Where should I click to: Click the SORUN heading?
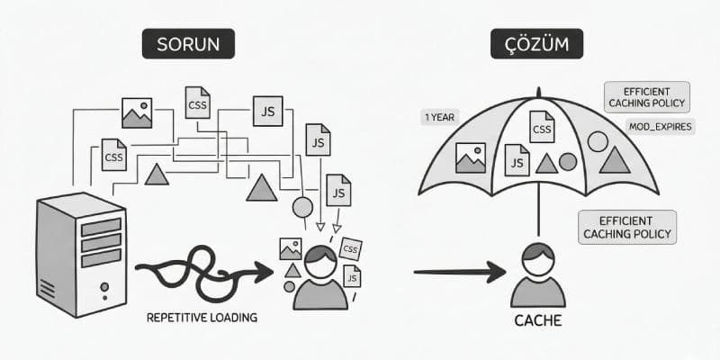188,44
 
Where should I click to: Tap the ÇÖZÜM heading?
530,44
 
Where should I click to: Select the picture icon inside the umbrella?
471,157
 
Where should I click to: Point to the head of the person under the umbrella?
537,257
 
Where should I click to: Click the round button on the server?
104,289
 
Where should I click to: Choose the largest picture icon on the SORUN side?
137,112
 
